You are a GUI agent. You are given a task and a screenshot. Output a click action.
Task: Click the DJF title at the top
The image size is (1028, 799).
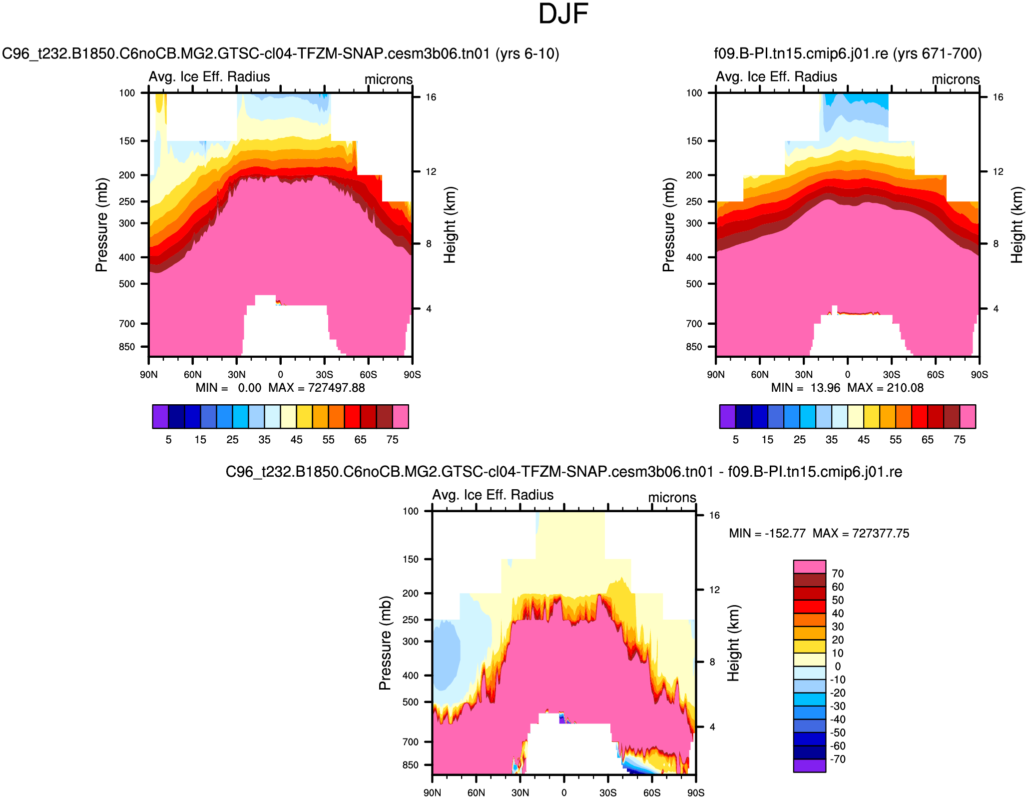pyautogui.click(x=563, y=14)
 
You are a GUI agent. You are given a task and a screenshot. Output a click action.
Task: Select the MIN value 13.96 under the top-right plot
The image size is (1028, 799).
pyautogui.click(x=825, y=388)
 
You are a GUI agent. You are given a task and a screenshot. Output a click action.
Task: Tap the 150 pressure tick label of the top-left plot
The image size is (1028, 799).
pyautogui.click(x=127, y=141)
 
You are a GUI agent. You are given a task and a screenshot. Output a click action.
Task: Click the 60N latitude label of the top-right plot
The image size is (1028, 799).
pyautogui.click(x=759, y=375)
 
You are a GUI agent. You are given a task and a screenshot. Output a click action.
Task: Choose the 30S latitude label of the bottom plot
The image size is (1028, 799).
pyautogui.click(x=608, y=793)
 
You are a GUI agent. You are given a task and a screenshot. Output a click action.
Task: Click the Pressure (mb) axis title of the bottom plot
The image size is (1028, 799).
pyautogui.click(x=385, y=643)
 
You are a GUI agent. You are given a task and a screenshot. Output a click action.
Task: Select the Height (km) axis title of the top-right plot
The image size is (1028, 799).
pyautogui.click(x=1017, y=225)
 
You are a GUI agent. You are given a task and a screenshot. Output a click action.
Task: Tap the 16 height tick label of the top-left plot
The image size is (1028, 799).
pyautogui.click(x=431, y=97)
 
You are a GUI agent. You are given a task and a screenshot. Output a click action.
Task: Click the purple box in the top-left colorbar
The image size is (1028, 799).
pyautogui.click(x=160, y=417)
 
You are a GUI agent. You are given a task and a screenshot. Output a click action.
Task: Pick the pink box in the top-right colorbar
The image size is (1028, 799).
pyautogui.click(x=968, y=417)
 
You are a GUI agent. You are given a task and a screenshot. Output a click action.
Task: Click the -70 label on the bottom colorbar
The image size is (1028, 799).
pyautogui.click(x=838, y=760)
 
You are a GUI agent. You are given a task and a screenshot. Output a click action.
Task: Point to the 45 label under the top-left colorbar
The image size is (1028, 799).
pyautogui.click(x=296, y=440)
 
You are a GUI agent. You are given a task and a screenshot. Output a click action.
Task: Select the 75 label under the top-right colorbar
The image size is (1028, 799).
pyautogui.click(x=960, y=440)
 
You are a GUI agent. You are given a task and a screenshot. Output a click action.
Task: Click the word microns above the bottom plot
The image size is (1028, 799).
pyautogui.click(x=672, y=498)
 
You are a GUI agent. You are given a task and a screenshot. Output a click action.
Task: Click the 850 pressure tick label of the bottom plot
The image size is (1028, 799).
pyautogui.click(x=411, y=765)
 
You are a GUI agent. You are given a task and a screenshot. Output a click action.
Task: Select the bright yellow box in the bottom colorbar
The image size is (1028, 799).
pyautogui.click(x=809, y=646)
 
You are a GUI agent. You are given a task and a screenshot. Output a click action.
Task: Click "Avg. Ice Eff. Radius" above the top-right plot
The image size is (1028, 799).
pyautogui.click(x=776, y=77)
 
